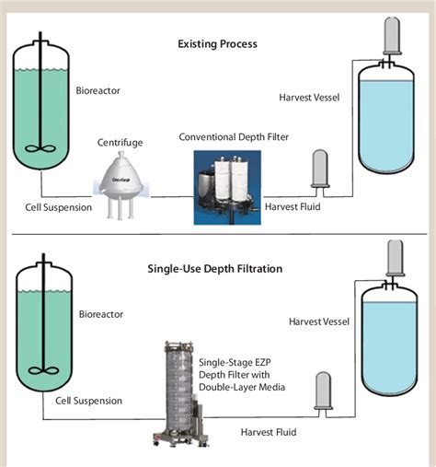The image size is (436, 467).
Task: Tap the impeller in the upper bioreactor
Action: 40,152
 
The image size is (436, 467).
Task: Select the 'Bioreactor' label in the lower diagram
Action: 100,314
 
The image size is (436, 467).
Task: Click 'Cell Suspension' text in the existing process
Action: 57,206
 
